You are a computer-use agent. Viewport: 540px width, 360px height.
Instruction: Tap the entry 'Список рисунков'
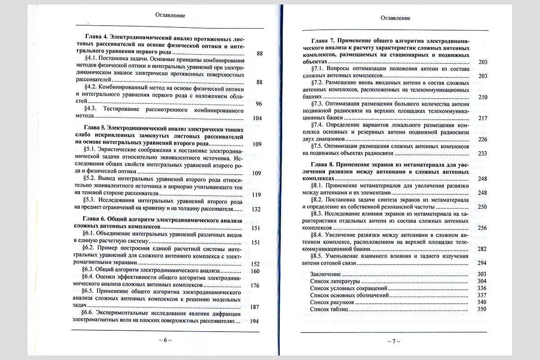332,302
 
